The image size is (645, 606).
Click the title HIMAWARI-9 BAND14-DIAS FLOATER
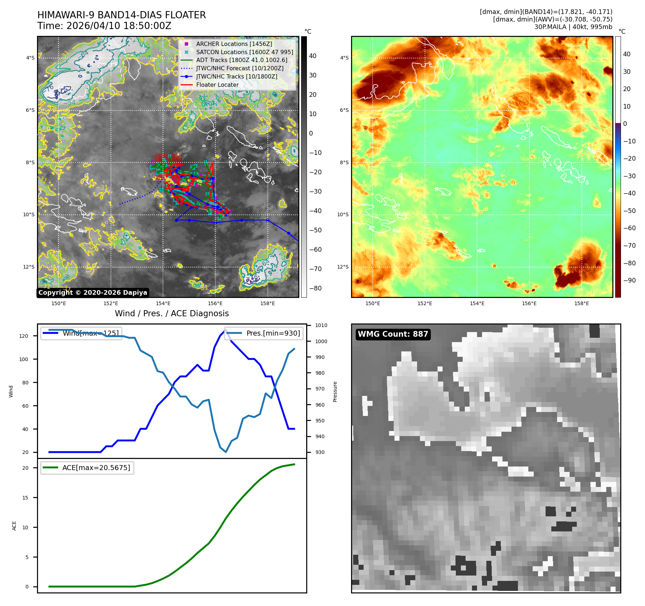pyautogui.click(x=121, y=15)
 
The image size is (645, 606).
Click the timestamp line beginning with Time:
pyautogui.click(x=104, y=26)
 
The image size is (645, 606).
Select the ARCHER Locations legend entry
pyautogui.click(x=234, y=44)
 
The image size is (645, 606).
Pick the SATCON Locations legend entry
pyautogui.click(x=244, y=52)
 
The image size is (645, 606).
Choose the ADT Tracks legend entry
pyautogui.click(x=241, y=60)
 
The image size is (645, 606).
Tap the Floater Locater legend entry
pyautogui.click(x=217, y=85)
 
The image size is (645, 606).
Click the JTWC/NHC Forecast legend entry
pyautogui.click(x=239, y=68)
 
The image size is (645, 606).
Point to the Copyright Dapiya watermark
pyautogui.click(x=93, y=293)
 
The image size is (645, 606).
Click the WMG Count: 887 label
pyautogui.click(x=393, y=334)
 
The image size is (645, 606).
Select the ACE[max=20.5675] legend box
pyautogui.click(x=87, y=468)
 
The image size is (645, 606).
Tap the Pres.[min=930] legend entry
pyautogui.click(x=273, y=333)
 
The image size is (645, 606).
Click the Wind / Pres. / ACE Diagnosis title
pyautogui.click(x=172, y=313)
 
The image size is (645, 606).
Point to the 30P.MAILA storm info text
pyautogui.click(x=573, y=27)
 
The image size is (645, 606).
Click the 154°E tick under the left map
pyautogui.click(x=163, y=303)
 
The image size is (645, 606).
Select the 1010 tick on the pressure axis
pyautogui.click(x=321, y=326)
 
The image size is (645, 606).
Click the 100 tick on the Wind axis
pyautogui.click(x=23, y=359)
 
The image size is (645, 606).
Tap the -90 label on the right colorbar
pyautogui.click(x=629, y=280)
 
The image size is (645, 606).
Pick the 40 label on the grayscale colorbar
pyautogui.click(x=313, y=56)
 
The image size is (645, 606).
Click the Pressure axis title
pyautogui.click(x=335, y=392)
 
